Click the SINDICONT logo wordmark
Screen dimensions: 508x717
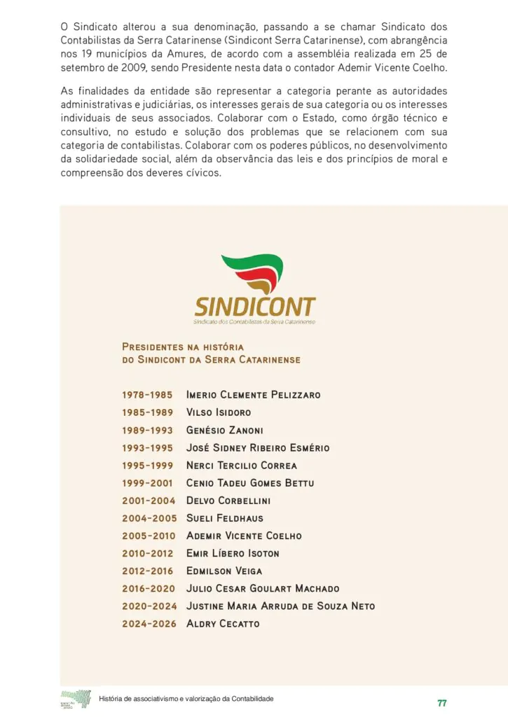(255, 307)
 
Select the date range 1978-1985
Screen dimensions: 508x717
(147, 395)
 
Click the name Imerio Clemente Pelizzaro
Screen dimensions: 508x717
(253, 395)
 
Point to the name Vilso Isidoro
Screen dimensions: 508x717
(218, 412)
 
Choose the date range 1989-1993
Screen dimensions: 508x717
(147, 430)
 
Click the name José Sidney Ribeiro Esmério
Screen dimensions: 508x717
(257, 447)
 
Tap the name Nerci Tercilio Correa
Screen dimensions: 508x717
(241, 465)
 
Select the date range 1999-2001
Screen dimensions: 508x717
(147, 483)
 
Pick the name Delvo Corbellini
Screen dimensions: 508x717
(228, 501)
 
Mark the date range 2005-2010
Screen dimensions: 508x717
(148, 536)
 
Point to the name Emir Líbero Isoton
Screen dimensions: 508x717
(233, 553)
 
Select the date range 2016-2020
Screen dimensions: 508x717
(148, 588)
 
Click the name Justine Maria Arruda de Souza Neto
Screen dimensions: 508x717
(280, 606)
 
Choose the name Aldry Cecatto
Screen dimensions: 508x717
(222, 623)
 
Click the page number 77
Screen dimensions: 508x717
(441, 703)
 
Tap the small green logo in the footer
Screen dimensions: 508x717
(76, 699)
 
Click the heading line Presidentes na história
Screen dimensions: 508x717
(182, 347)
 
